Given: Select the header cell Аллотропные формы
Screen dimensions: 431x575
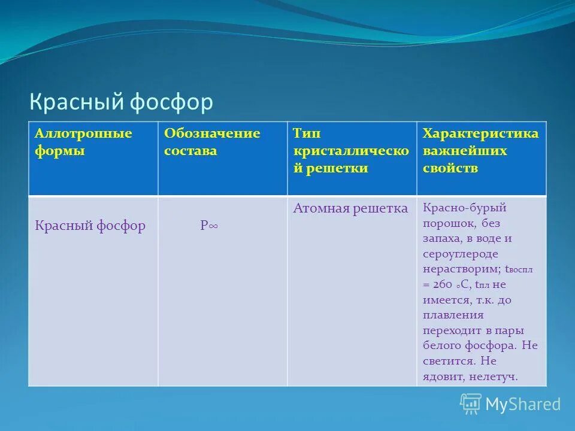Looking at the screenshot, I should (83, 142).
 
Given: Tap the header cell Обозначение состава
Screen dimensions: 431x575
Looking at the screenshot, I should (212, 142).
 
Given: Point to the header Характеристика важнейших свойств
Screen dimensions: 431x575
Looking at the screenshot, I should (480, 151).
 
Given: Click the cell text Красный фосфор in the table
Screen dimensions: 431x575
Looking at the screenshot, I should (90, 226).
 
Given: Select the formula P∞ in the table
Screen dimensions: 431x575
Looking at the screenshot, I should (208, 226).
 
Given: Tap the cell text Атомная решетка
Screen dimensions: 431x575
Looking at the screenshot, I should (350, 208).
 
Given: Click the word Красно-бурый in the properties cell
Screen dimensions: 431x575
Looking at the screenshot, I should (465, 208).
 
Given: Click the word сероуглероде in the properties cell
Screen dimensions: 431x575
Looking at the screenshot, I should (460, 254).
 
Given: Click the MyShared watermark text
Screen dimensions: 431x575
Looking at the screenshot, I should (523, 404).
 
